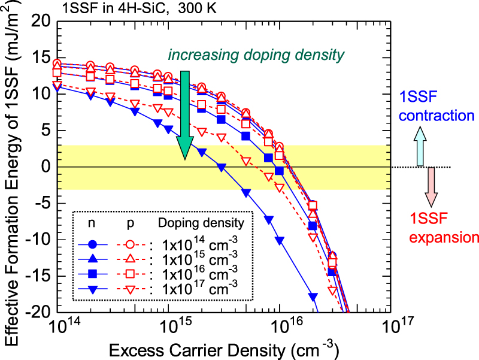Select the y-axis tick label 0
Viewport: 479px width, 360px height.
pos(44,167)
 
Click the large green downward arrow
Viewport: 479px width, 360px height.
pos(186,114)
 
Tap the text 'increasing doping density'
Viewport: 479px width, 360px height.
pos(256,55)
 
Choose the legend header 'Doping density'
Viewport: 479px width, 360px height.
pos(201,223)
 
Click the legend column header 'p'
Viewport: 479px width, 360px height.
pos(131,223)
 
